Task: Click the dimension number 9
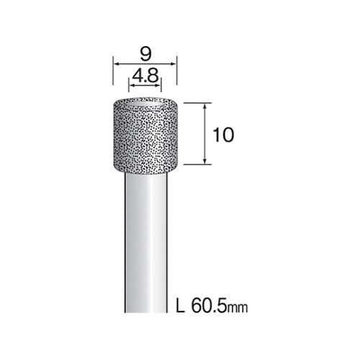point(145,54)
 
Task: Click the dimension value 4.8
point(145,76)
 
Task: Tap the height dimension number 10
point(223,135)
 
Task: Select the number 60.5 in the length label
point(209,305)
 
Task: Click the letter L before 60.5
point(181,305)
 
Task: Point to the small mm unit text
point(238,307)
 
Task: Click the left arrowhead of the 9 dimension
point(116,64)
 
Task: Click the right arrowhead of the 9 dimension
point(174,64)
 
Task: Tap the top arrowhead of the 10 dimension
point(204,106)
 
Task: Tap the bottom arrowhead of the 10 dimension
point(204,161)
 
